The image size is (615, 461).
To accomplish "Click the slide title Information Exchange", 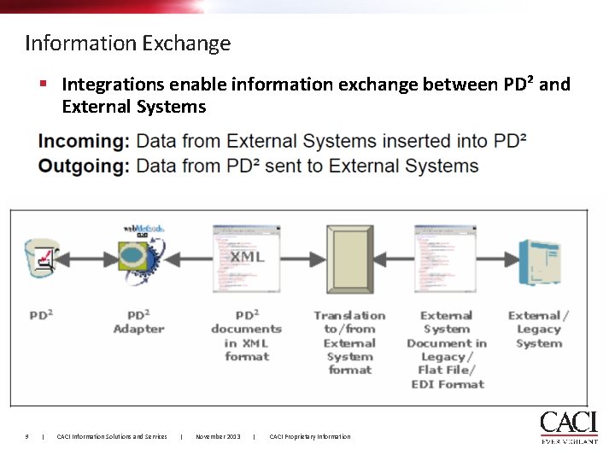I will tap(128, 43).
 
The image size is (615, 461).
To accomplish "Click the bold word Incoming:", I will tap(85, 141).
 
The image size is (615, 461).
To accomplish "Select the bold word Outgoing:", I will tap(85, 166).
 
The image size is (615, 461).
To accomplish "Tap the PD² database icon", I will tap(42, 256).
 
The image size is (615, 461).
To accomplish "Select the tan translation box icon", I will tap(349, 256).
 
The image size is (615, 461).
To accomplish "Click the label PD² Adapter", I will tap(138, 322).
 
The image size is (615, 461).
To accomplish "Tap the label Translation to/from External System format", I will tap(349, 342).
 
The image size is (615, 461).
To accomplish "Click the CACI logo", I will tap(568, 427).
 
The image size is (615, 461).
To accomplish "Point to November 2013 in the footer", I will tap(218, 437).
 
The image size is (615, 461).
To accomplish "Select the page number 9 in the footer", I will tap(27, 437).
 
